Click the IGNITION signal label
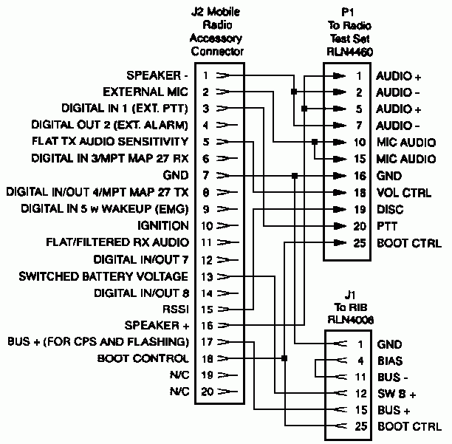pyautogui.click(x=163, y=225)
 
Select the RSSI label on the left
pyautogui.click(x=176, y=310)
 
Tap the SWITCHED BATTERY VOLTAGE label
pyautogui.click(x=103, y=276)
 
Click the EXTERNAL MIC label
pyautogui.click(x=145, y=92)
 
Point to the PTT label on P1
pyautogui.click(x=387, y=226)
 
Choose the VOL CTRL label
pyautogui.click(x=404, y=193)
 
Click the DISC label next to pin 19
pyautogui.click(x=390, y=210)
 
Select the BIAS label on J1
pyautogui.click(x=390, y=361)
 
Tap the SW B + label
pyautogui.click(x=397, y=394)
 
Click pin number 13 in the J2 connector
pyautogui.click(x=207, y=277)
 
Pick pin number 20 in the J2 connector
pyautogui.click(x=207, y=392)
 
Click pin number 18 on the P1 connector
pyautogui.click(x=360, y=193)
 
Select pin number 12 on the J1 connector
pyautogui.click(x=360, y=394)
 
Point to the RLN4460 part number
pyautogui.click(x=349, y=52)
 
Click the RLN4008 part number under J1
pyautogui.click(x=351, y=319)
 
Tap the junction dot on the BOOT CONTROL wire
pyautogui.click(x=284, y=358)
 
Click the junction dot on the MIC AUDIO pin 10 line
pyautogui.click(x=315, y=142)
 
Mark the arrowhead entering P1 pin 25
pyautogui.click(x=340, y=243)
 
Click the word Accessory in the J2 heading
pyautogui.click(x=216, y=38)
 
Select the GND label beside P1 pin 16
pyautogui.click(x=389, y=176)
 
